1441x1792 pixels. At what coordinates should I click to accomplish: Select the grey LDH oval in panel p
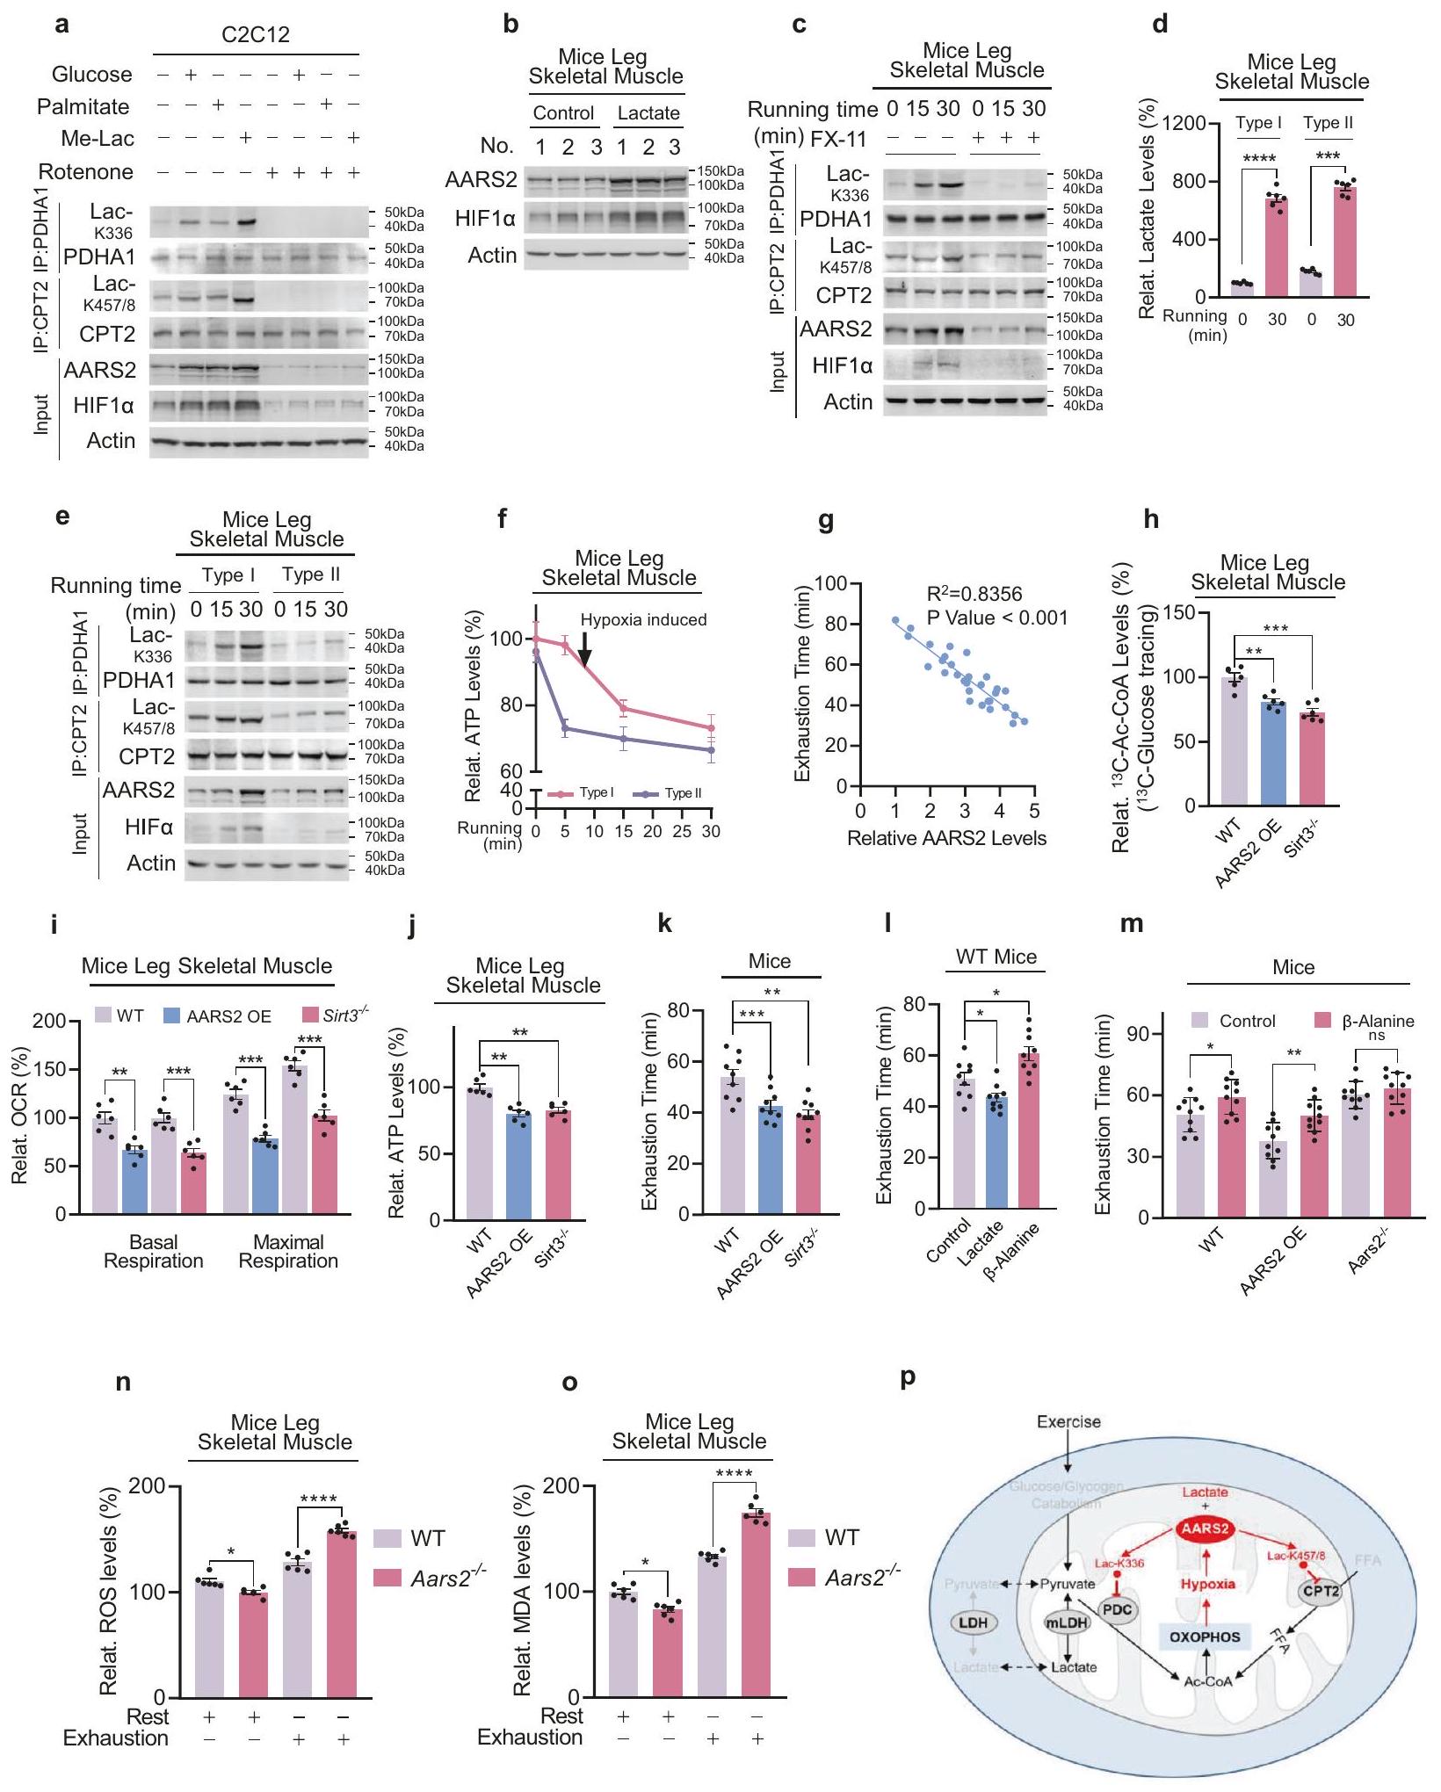click(x=973, y=1622)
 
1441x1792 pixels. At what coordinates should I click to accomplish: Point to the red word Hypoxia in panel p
click(x=1207, y=1584)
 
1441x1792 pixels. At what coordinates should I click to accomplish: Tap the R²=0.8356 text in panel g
click(x=974, y=595)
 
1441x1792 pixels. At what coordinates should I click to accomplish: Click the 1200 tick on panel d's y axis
click(x=1182, y=123)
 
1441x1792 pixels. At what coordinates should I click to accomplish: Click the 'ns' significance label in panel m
click(x=1376, y=1036)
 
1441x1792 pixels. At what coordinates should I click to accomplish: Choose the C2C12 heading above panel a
click(x=255, y=35)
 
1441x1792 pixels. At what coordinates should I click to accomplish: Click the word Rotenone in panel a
click(x=86, y=172)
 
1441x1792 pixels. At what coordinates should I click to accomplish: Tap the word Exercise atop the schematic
click(x=1068, y=1421)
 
